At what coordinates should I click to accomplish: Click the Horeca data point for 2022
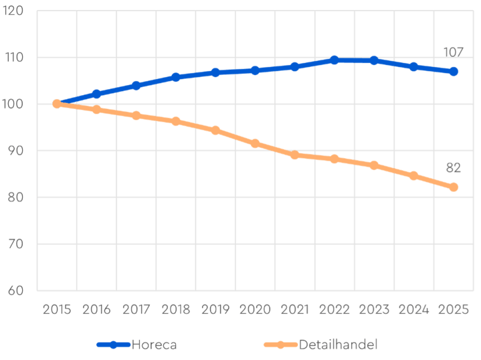(334, 60)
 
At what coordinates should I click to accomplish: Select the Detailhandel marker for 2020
(255, 143)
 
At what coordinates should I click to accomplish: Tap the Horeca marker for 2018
(176, 77)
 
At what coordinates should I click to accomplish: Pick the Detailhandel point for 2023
(374, 165)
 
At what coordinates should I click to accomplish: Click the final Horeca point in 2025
(454, 72)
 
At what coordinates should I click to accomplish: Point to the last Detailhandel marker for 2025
(454, 187)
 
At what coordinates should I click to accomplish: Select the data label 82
(454, 167)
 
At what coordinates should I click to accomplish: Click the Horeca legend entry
(137, 345)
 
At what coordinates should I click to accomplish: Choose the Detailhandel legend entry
(321, 345)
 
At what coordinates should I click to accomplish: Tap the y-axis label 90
(15, 151)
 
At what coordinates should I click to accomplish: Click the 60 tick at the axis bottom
(15, 291)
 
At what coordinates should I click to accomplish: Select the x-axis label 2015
(56, 310)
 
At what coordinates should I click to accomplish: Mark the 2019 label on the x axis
(215, 310)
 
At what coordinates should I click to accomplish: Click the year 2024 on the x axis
(414, 310)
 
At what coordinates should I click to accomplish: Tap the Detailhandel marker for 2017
(136, 115)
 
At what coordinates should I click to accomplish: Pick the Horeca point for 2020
(255, 70)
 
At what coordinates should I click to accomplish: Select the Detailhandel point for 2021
(295, 155)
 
